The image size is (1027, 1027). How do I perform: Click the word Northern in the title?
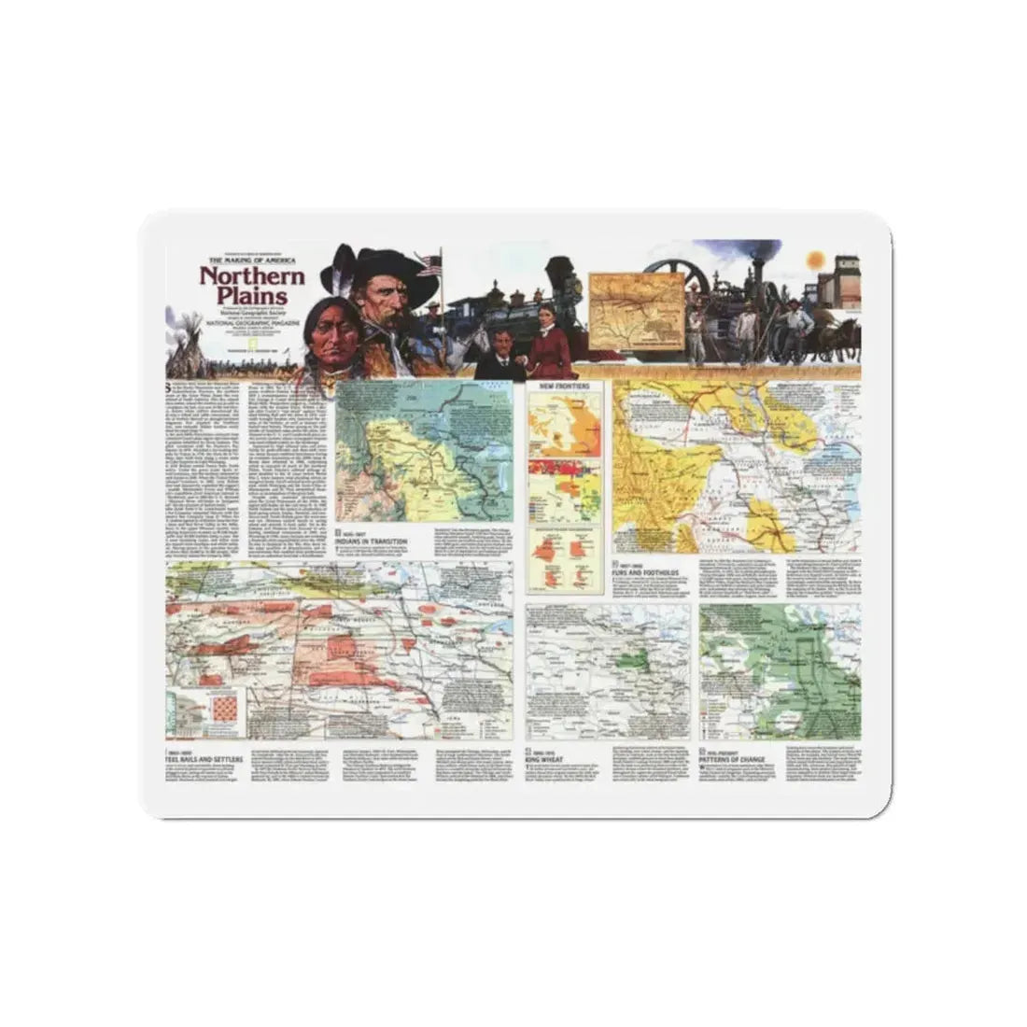click(x=251, y=276)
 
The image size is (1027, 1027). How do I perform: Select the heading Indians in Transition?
click(x=376, y=540)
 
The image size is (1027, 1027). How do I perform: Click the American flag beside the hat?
click(x=430, y=265)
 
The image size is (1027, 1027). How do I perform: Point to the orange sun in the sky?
click(x=812, y=257)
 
